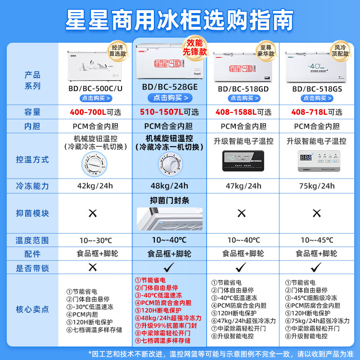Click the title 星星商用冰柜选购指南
[180, 20]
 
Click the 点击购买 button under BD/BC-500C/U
[96, 98]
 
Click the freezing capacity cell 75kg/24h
[317, 186]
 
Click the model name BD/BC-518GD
[243, 89]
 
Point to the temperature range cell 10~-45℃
[317, 240]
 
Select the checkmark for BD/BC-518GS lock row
[317, 267]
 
